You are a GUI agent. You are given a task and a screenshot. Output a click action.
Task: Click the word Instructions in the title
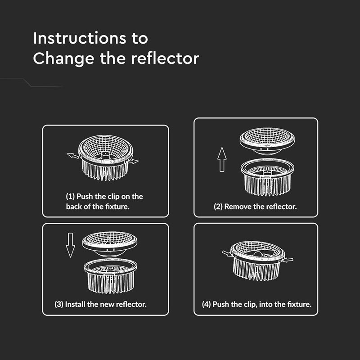tap(80, 38)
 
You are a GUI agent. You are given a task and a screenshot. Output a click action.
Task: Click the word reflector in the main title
tap(165, 58)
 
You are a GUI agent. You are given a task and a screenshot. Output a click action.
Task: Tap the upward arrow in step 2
tap(222, 159)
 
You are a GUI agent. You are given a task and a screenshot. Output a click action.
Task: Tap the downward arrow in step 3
tap(71, 245)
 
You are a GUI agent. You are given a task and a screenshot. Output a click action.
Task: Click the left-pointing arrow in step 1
tap(73, 156)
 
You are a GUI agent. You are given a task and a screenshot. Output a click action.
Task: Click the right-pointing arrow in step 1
tap(133, 162)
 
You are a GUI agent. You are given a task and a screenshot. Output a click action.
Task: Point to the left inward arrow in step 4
tap(227, 253)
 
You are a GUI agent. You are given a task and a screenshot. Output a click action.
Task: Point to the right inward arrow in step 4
tap(288, 260)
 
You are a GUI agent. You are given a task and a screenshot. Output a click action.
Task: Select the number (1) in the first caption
tap(70, 197)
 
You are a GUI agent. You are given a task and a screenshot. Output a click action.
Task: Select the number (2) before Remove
tap(218, 207)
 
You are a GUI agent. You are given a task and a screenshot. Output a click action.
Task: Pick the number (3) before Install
tap(59, 305)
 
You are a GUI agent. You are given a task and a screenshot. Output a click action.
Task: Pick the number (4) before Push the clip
tap(207, 305)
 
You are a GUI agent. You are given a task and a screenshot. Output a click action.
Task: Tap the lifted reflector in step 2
tap(267, 141)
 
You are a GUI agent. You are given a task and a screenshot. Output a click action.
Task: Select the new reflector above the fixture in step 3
tap(110, 244)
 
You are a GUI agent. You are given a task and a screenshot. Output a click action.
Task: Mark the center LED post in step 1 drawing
tap(105, 155)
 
